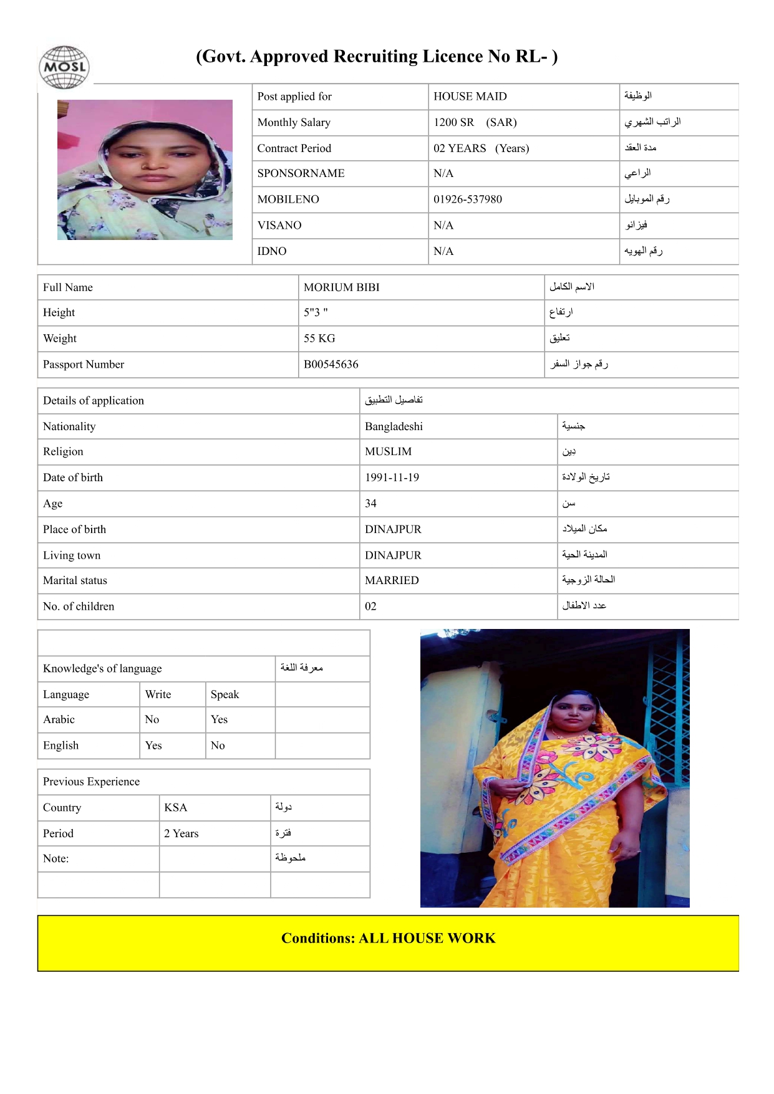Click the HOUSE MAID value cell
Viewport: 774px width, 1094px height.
[x=470, y=97]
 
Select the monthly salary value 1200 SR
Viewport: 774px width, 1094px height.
[x=453, y=122]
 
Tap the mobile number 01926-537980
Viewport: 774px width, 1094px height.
[x=467, y=199]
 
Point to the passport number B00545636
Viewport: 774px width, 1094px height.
[x=331, y=365]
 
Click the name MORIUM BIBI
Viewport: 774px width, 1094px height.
[x=341, y=287]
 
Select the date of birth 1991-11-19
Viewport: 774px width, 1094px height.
[x=392, y=477]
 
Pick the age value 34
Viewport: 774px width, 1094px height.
[x=370, y=504]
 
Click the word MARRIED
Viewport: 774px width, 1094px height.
[x=392, y=580]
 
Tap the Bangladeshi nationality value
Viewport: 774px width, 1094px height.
[x=394, y=426]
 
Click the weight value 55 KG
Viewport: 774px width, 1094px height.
[x=319, y=338]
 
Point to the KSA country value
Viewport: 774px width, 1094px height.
[x=175, y=808]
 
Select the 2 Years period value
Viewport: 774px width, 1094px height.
[x=181, y=833]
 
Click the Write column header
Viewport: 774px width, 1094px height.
[x=158, y=694]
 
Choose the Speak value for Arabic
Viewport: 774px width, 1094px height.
[x=219, y=719]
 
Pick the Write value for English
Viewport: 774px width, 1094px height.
[x=153, y=746]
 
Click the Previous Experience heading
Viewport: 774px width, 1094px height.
[x=91, y=782]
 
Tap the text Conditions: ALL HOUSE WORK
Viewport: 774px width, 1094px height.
[x=388, y=939]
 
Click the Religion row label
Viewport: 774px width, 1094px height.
[x=63, y=452]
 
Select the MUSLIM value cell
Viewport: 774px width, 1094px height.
[x=388, y=452]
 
